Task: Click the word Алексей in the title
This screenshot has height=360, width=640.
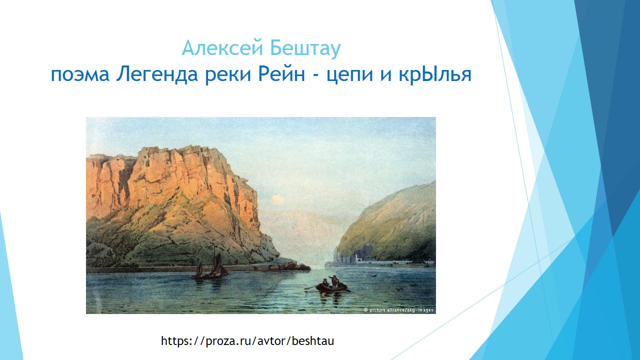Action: coord(222,48)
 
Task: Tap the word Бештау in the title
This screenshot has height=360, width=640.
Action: coord(305,48)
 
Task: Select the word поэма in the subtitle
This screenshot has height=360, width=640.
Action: coord(80,75)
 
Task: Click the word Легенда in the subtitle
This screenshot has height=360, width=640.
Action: coord(157,74)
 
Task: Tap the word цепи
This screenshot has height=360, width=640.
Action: coord(349,75)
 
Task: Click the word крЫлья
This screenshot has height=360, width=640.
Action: coord(425,75)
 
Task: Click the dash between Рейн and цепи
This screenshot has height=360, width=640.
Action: coord(315,75)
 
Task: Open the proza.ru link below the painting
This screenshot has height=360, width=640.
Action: coord(247,341)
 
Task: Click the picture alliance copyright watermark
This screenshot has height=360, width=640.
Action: coord(398,310)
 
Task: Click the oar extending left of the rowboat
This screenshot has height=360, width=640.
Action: coord(310,287)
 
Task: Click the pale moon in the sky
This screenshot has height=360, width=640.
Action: coord(277,199)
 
